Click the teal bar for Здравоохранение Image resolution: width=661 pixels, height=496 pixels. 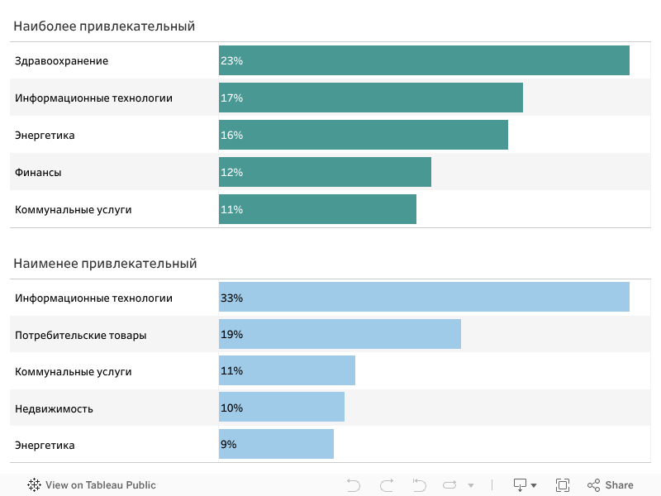(x=424, y=60)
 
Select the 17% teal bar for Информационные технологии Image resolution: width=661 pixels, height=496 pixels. (x=371, y=98)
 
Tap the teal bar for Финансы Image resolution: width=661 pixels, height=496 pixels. (x=325, y=172)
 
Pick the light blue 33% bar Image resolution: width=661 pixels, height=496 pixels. (x=424, y=298)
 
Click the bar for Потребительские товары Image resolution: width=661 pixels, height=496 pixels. (x=340, y=335)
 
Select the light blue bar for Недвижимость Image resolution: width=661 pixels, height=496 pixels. (x=282, y=408)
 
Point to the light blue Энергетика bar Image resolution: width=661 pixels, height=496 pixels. (x=276, y=445)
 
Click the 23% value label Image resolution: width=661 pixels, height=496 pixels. (x=231, y=61)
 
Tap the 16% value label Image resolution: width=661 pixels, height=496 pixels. (x=231, y=136)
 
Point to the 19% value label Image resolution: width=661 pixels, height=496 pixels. (x=231, y=335)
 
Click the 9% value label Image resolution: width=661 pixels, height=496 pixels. (x=229, y=445)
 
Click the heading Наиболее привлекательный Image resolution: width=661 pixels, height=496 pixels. (x=104, y=26)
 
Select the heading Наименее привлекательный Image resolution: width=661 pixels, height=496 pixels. (x=105, y=264)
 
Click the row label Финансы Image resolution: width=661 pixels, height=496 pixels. (x=38, y=173)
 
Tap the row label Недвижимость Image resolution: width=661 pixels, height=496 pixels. (x=54, y=409)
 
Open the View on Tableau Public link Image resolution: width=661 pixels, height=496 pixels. (x=92, y=485)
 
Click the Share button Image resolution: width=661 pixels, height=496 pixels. (x=611, y=485)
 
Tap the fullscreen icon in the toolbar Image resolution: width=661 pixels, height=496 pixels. (x=563, y=485)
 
